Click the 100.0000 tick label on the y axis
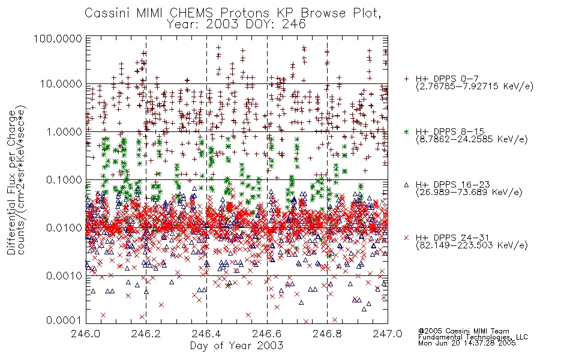coord(58,38)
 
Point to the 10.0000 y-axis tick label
coord(61,84)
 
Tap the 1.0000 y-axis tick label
coord(64,131)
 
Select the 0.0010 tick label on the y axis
coord(64,276)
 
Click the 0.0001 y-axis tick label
coord(64,320)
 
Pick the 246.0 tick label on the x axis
coord(86,334)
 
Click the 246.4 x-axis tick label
coord(206,334)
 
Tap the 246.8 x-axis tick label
coord(327,334)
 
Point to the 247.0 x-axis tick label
coord(387,334)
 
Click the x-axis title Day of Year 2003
coord(236,346)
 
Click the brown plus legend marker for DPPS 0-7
coord(406,79)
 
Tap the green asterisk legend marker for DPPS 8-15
coord(406,131)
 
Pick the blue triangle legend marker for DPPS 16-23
coord(406,185)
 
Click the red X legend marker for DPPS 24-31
coord(406,238)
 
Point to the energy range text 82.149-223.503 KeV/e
coord(472,245)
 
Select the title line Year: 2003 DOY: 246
coord(236,25)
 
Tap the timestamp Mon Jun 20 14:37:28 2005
coord(467,343)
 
